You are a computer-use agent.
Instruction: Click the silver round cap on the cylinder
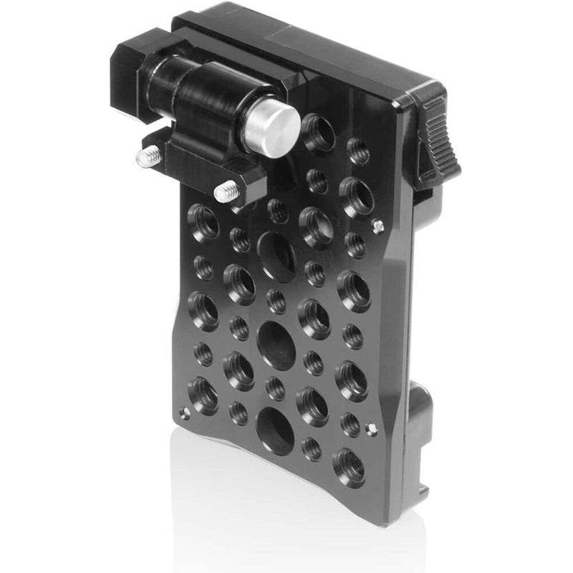tap(271, 127)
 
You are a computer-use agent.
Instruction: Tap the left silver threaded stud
tap(148, 158)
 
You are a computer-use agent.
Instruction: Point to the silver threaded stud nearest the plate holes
tap(226, 191)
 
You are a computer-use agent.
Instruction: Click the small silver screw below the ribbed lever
tap(378, 226)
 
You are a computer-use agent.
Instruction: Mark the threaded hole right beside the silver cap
tap(319, 132)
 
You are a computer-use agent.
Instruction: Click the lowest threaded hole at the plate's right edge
tap(348, 466)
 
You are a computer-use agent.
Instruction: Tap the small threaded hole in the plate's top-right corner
tap(358, 152)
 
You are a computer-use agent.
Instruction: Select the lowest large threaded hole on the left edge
tap(203, 395)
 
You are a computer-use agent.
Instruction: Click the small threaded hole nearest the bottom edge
tap(312, 448)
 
